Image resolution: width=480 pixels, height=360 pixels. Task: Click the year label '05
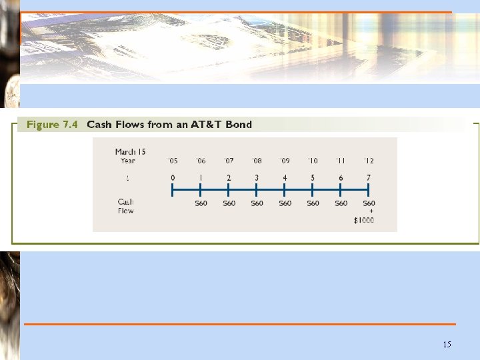pyautogui.click(x=173, y=161)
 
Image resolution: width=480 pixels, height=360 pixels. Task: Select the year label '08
pyautogui.click(x=257, y=161)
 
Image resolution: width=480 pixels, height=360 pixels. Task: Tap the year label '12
pyautogui.click(x=369, y=161)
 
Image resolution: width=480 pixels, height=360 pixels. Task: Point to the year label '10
pyautogui.click(x=313, y=161)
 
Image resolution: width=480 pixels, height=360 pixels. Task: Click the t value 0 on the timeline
pyautogui.click(x=173, y=178)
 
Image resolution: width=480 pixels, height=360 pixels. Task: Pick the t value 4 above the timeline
pyautogui.click(x=285, y=178)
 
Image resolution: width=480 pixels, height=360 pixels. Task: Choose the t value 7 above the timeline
pyautogui.click(x=369, y=178)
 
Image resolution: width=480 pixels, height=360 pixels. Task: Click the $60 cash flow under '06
pyautogui.click(x=201, y=203)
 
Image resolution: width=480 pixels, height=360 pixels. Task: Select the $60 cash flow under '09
pyautogui.click(x=285, y=203)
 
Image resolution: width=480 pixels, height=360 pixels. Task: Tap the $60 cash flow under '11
pyautogui.click(x=341, y=203)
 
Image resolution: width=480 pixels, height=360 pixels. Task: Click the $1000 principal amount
pyautogui.click(x=364, y=221)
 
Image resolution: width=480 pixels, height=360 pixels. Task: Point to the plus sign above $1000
pyautogui.click(x=371, y=212)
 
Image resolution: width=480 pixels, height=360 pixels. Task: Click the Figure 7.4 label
pyautogui.click(x=52, y=124)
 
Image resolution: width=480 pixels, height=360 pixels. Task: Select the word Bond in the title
pyautogui.click(x=239, y=124)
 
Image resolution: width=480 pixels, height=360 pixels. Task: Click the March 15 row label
pyautogui.click(x=125, y=152)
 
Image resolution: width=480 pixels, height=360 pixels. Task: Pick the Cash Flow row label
pyautogui.click(x=125, y=206)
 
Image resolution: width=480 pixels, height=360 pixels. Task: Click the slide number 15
pyautogui.click(x=447, y=345)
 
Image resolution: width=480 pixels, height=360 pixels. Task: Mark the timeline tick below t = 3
pyautogui.click(x=257, y=191)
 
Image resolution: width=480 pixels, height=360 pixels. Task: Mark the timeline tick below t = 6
pyautogui.click(x=341, y=191)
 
